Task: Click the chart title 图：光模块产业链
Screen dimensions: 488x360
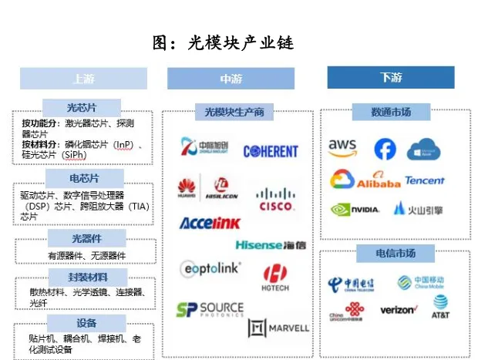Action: click(224, 43)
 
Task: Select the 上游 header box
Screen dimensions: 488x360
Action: click(83, 79)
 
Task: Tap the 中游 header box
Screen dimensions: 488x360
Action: click(230, 79)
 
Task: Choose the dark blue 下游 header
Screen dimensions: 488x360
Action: click(391, 78)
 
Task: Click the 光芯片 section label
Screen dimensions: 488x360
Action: click(84, 108)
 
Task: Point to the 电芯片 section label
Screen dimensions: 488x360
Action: click(84, 178)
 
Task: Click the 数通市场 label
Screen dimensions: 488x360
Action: click(391, 113)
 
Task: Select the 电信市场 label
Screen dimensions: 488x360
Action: click(391, 254)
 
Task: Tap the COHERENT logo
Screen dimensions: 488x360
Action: click(271, 152)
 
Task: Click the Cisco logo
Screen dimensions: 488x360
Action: click(276, 200)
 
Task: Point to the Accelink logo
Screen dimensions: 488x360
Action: click(210, 224)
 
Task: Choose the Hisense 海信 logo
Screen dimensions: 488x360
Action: click(270, 245)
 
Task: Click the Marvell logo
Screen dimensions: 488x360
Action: click(279, 328)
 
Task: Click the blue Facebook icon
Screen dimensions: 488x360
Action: click(385, 149)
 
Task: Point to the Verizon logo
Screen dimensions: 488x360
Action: click(399, 310)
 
